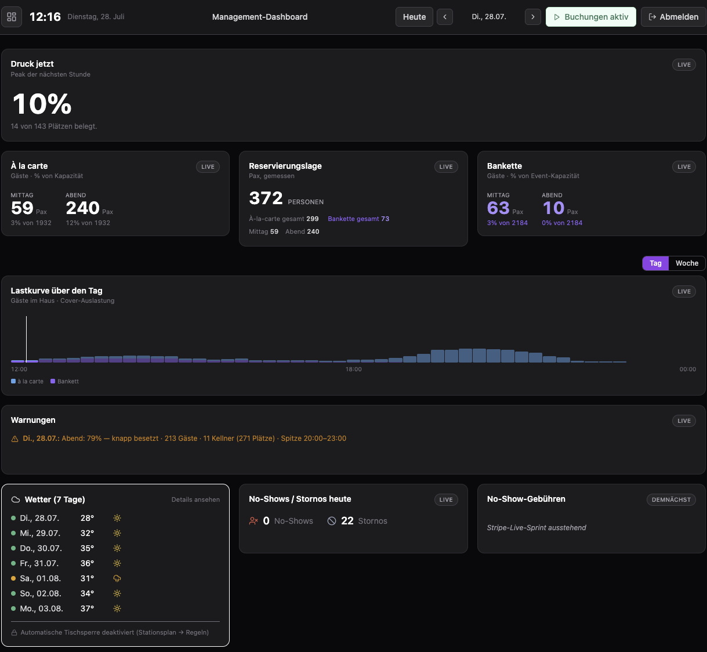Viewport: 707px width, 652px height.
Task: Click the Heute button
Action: (x=414, y=17)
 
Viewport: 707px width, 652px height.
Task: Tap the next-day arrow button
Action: (x=532, y=17)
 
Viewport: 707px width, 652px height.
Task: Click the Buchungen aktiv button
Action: (x=590, y=17)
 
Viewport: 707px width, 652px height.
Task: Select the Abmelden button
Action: (x=673, y=17)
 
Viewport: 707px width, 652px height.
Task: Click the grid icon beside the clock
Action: (x=12, y=17)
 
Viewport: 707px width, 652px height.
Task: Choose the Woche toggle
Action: (x=687, y=263)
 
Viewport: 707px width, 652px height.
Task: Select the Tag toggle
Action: (x=655, y=263)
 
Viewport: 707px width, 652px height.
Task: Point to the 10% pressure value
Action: (x=42, y=104)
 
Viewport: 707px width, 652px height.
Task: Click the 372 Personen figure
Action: (x=286, y=198)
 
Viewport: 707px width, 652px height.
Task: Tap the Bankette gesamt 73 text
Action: (x=358, y=219)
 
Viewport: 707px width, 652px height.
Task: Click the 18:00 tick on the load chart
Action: (x=354, y=370)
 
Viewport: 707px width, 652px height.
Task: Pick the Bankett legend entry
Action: (x=64, y=381)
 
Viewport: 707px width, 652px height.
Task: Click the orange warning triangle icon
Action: (x=14, y=439)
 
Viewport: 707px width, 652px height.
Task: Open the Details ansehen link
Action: (x=195, y=499)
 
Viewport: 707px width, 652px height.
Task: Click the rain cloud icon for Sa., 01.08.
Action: (x=117, y=578)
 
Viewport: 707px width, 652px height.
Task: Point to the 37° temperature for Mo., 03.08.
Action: (x=87, y=608)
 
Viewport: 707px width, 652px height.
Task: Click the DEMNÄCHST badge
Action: (x=671, y=499)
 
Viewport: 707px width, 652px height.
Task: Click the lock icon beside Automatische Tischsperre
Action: (x=14, y=632)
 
